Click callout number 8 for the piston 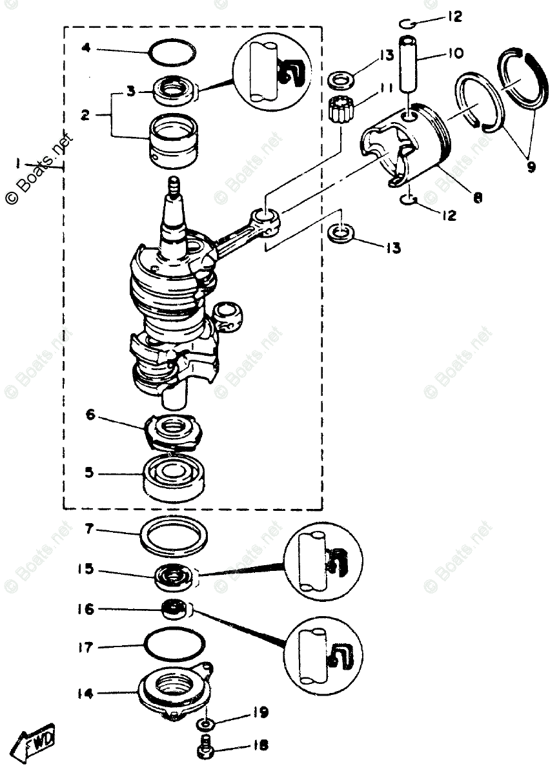click(x=478, y=199)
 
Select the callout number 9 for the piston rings click(x=531, y=166)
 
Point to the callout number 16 click(x=86, y=609)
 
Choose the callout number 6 click(x=90, y=415)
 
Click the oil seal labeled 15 click(x=173, y=574)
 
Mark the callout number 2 click(x=85, y=116)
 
